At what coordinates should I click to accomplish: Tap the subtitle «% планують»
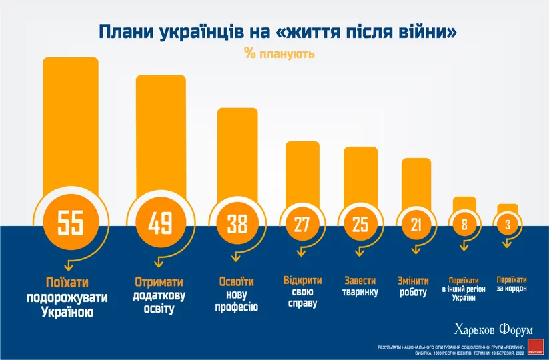(279, 53)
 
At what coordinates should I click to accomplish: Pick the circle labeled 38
(237, 225)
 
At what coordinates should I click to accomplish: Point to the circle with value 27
(302, 225)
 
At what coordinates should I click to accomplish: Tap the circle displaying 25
(360, 225)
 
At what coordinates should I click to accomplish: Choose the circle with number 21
(416, 225)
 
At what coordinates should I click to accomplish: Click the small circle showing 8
(464, 225)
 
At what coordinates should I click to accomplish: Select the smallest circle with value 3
(508, 225)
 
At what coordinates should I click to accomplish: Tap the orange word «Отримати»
(159, 282)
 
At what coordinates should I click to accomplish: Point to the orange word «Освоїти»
(235, 281)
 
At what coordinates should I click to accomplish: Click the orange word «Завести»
(360, 280)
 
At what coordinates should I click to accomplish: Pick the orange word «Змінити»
(413, 280)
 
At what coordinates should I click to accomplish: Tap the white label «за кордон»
(512, 289)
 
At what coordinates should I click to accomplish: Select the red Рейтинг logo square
(536, 345)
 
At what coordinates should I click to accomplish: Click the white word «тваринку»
(360, 292)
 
